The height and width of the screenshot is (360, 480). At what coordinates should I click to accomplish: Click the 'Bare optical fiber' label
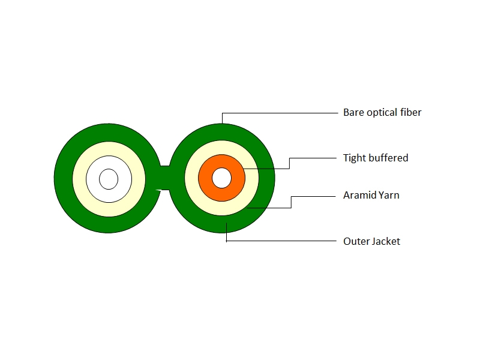pyautogui.click(x=382, y=113)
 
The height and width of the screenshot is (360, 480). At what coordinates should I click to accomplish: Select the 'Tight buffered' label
pyautogui.click(x=376, y=158)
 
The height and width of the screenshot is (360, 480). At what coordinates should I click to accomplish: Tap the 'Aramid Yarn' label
pyautogui.click(x=371, y=195)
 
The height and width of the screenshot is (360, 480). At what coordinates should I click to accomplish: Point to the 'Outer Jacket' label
pyautogui.click(x=371, y=241)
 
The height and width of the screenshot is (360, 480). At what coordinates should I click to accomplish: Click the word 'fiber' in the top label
pyautogui.click(x=411, y=112)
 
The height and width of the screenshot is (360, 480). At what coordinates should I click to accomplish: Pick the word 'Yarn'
pyautogui.click(x=389, y=195)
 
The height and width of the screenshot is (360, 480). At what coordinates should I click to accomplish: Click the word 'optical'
pyautogui.click(x=382, y=113)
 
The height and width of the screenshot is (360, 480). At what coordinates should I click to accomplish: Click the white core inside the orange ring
pyautogui.click(x=221, y=178)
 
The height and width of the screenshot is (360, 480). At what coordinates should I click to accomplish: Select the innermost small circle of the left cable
pyautogui.click(x=109, y=179)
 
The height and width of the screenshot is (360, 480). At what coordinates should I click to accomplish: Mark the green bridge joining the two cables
pyautogui.click(x=164, y=178)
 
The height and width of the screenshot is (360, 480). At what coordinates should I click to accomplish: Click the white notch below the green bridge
pyautogui.click(x=158, y=191)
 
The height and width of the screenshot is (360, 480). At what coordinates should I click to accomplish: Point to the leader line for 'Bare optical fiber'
pyautogui.click(x=280, y=113)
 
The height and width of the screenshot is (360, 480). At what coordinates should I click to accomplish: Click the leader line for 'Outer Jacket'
pyautogui.click(x=281, y=241)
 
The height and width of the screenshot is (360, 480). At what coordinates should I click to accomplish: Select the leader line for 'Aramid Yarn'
pyautogui.click(x=291, y=202)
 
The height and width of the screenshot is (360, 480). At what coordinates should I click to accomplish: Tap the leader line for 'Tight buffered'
pyautogui.click(x=289, y=163)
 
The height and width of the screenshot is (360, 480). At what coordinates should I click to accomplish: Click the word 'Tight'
pyautogui.click(x=354, y=158)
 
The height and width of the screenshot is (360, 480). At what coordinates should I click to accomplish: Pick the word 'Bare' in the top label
pyautogui.click(x=353, y=112)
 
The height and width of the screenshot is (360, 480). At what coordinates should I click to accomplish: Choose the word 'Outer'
pyautogui.click(x=356, y=241)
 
